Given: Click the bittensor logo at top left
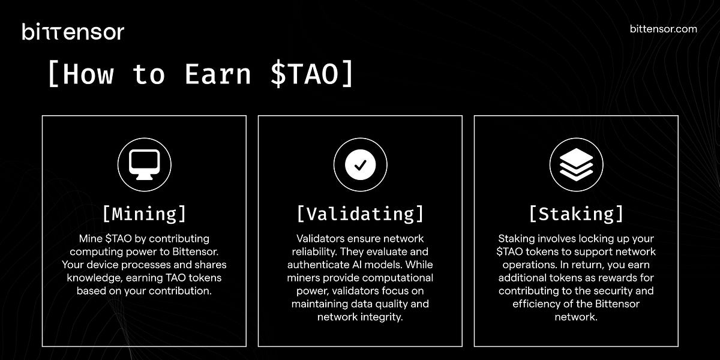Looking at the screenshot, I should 73,31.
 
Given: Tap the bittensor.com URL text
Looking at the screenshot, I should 664,29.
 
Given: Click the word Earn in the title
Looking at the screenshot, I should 217,74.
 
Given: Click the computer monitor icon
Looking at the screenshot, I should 144,164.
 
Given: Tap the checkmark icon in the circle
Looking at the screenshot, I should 360,164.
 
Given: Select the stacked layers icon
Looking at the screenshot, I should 576,164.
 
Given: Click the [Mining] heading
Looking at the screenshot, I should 144,214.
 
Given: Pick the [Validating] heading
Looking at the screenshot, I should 360,214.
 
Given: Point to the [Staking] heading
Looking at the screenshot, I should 576,214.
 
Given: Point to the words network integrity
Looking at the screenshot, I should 360,316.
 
